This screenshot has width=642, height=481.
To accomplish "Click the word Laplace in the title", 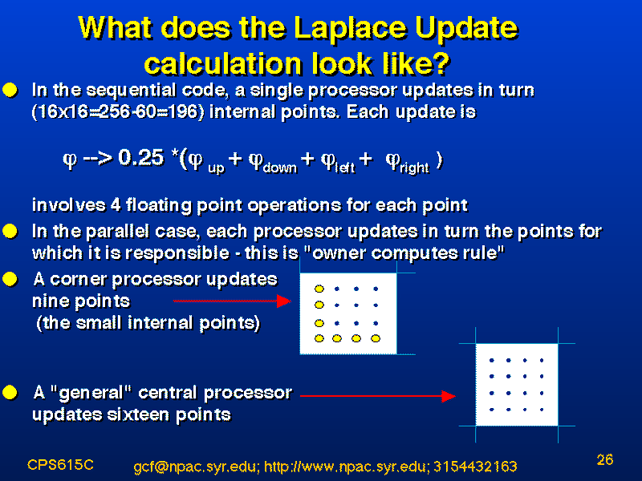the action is (351, 29).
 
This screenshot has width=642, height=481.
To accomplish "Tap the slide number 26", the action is (605, 459).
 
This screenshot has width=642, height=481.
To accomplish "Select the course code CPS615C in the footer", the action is (61, 465).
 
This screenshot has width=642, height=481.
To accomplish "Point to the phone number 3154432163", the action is (475, 467).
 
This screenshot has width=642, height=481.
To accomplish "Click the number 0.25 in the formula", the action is (141, 157).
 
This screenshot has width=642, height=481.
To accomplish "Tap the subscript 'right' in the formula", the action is (414, 168).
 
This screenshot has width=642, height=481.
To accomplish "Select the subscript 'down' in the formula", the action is (280, 168).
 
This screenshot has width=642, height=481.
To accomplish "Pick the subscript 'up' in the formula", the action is (216, 168).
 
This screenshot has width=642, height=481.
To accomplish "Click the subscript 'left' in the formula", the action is (345, 168).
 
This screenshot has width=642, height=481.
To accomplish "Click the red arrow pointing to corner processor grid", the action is (232, 301).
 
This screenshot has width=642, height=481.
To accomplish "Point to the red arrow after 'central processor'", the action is (378, 396).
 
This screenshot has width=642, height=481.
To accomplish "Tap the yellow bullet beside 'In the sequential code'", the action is (10, 90).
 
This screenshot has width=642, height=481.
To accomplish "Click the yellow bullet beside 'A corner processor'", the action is (10, 279).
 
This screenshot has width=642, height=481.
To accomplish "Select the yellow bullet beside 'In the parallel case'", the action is (10, 232).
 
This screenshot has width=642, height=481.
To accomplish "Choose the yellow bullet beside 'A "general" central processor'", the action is (10, 393).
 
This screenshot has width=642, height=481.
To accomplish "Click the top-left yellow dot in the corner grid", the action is (319, 289).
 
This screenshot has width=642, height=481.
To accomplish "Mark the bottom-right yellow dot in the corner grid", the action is (376, 338).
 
